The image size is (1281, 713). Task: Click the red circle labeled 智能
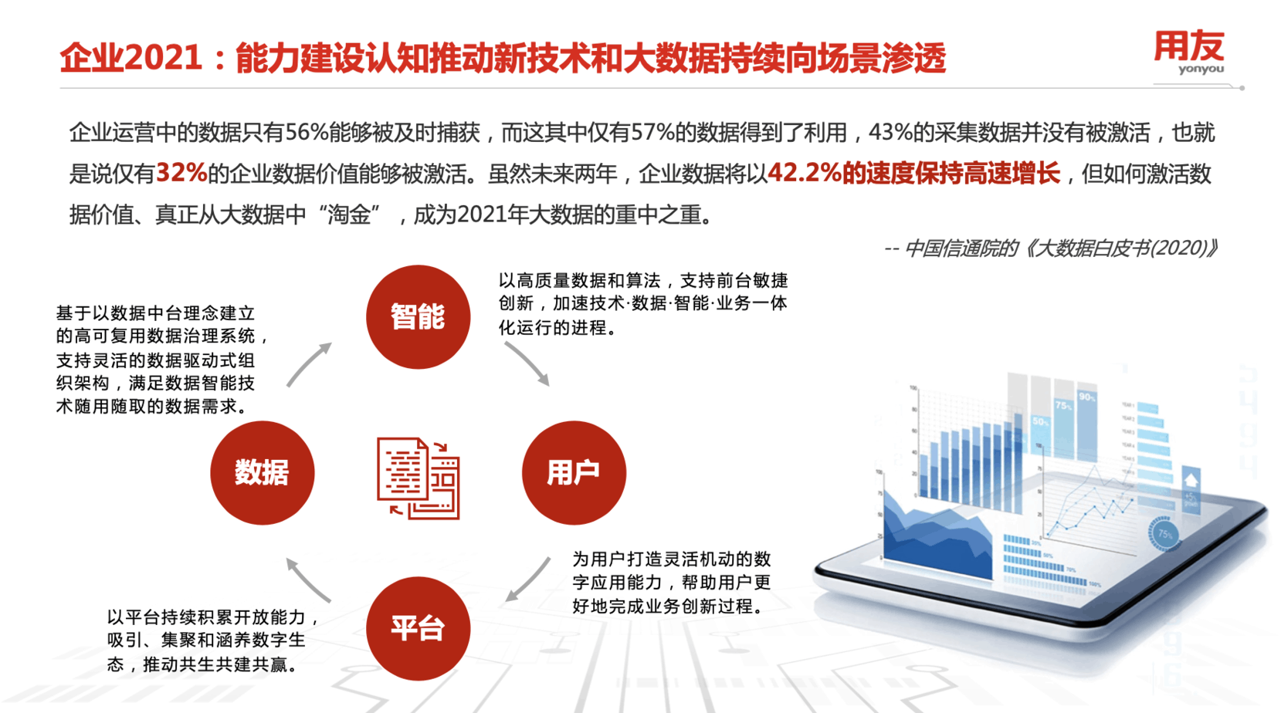[418, 316]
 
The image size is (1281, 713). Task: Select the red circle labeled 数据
[262, 472]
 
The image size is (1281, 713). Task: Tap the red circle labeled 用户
[574, 472]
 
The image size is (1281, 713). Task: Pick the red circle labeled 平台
[418, 628]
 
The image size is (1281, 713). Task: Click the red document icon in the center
[418, 478]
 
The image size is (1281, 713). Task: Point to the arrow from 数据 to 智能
[309, 364]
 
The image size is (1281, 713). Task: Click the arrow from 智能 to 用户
[527, 363]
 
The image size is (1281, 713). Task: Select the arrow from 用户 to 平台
[528, 580]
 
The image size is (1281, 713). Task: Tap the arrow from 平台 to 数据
[308, 579]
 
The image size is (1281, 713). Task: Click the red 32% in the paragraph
[181, 174]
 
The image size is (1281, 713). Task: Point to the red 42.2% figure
[804, 174]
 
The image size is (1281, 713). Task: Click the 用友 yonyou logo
[1188, 52]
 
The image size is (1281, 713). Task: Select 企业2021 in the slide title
[131, 59]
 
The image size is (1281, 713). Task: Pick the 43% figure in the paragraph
[890, 133]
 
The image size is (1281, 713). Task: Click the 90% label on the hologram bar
[1086, 397]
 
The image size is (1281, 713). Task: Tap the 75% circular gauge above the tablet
[1164, 534]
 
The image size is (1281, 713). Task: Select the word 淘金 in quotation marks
[348, 215]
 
